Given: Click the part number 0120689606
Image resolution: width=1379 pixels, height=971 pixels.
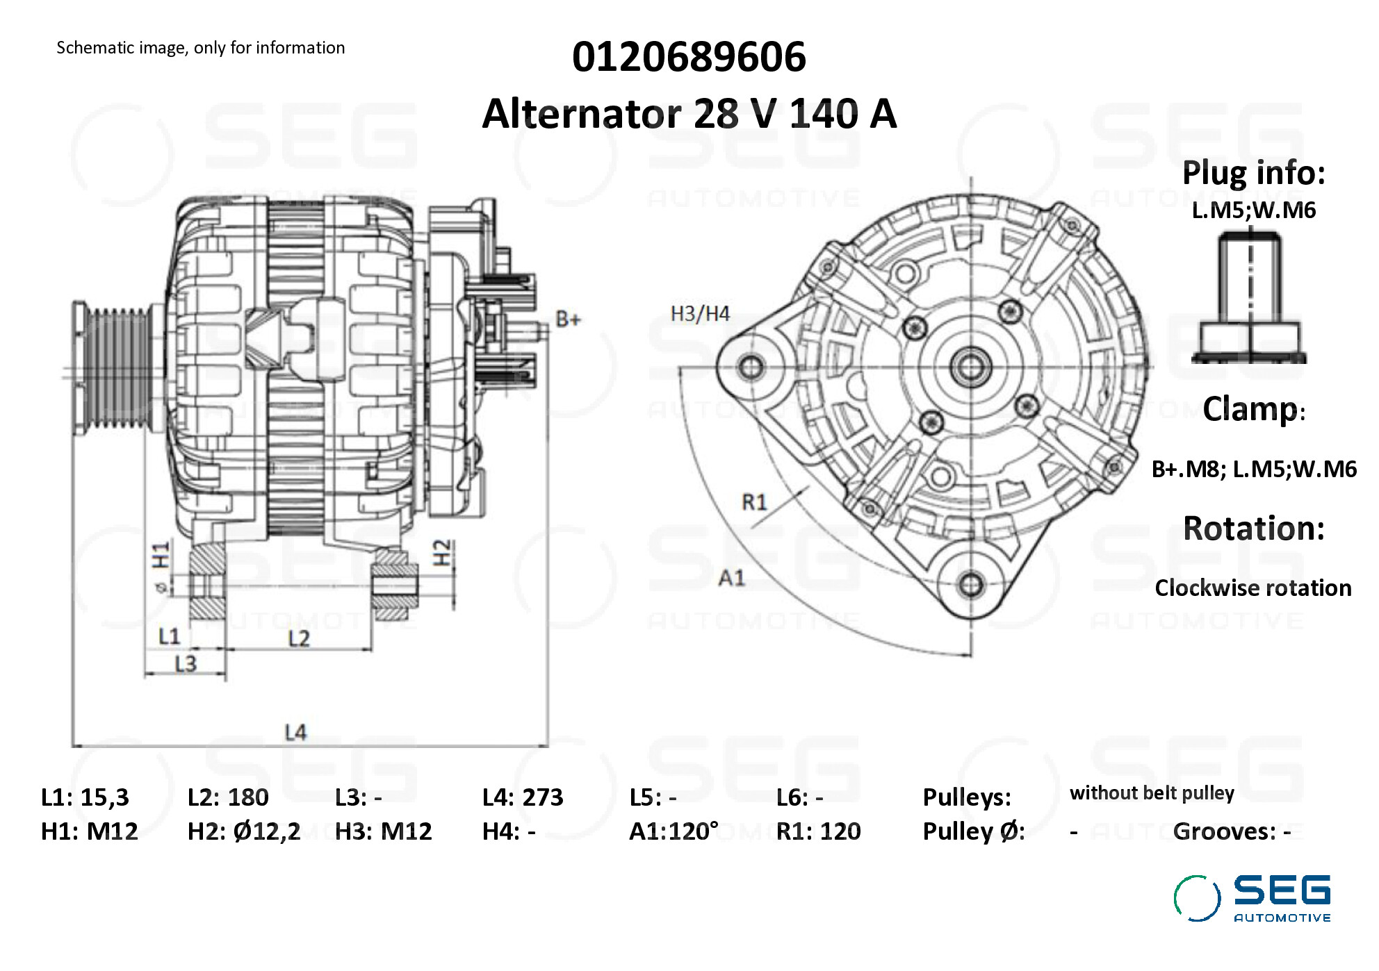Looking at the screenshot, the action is pos(688,57).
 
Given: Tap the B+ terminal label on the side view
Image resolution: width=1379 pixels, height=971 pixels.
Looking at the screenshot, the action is pos(567,319).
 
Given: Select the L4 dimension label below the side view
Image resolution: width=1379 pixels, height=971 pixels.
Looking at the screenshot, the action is pos(295,732).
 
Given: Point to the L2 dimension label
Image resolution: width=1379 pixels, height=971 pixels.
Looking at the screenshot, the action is pos(299,638).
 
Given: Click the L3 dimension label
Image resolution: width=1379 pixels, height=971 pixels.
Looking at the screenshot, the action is pos(185,665).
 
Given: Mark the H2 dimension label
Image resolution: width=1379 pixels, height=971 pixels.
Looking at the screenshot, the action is pos(442,553).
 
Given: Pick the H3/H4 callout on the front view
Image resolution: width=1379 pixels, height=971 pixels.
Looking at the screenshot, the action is pos(699,314).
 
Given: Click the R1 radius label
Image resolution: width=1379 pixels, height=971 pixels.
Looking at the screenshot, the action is pos(754,501).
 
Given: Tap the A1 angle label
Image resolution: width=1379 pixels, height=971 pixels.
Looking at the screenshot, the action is pos(731,578).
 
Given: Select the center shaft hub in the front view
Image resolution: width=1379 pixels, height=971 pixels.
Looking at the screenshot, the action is pos(970,367).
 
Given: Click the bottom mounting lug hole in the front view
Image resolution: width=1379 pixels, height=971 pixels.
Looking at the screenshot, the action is pos(970,585).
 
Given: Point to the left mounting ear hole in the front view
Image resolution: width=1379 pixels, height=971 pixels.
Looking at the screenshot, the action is pos(751,366).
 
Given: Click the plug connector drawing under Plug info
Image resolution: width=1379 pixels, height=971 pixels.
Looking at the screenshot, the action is pos(1250,299).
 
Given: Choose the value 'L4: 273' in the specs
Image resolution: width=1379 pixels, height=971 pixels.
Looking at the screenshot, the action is pos(522,797).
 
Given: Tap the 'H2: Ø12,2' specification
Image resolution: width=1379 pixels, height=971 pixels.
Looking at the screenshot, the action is pos(243,831).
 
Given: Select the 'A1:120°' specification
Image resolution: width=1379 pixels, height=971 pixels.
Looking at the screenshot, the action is pos(673,831).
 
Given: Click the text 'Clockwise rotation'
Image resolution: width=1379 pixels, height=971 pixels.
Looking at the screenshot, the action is pos(1252,588).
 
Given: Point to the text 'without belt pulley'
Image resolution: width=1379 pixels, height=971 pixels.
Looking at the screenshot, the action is pos(1151,793).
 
